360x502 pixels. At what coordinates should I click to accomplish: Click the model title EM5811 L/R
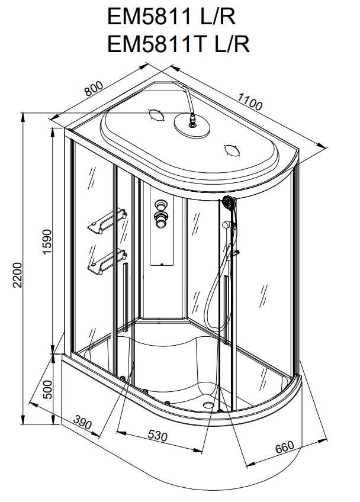[x=172, y=16]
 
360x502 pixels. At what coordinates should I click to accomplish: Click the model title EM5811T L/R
[x=178, y=44]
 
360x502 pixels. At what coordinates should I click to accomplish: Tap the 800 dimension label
[x=94, y=89]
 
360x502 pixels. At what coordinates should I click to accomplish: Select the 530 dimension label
[x=157, y=436]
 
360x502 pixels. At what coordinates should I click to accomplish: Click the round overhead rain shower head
[x=191, y=127]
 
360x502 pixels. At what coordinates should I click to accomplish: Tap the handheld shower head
[x=228, y=203]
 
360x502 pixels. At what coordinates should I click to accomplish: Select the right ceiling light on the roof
[x=231, y=150]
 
